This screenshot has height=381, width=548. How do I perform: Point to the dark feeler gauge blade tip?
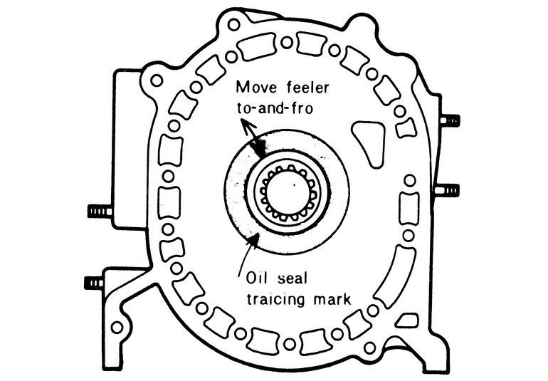click(x=261, y=148)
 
